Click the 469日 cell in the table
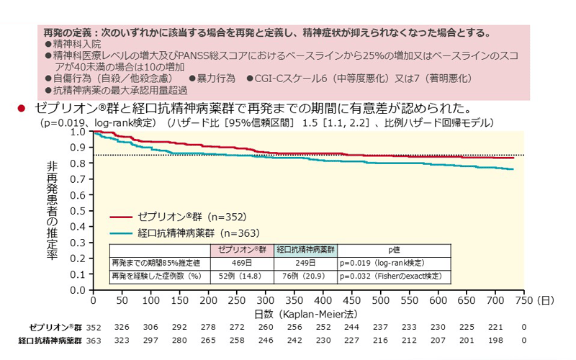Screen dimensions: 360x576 pyautogui.click(x=242, y=263)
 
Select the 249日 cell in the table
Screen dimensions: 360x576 pyautogui.click(x=305, y=263)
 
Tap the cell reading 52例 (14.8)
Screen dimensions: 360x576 pyautogui.click(x=242, y=276)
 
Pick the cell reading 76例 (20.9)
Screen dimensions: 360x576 pyautogui.click(x=305, y=276)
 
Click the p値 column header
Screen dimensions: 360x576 pyautogui.click(x=393, y=250)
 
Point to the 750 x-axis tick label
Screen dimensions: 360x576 pyautogui.click(x=523, y=300)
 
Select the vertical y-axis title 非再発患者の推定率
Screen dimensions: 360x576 pyautogui.click(x=52, y=212)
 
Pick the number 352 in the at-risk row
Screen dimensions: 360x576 pyautogui.click(x=93, y=328)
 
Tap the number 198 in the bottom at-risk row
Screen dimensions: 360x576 pyautogui.click(x=495, y=341)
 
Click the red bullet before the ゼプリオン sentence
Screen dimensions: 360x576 pyautogui.click(x=22, y=109)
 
